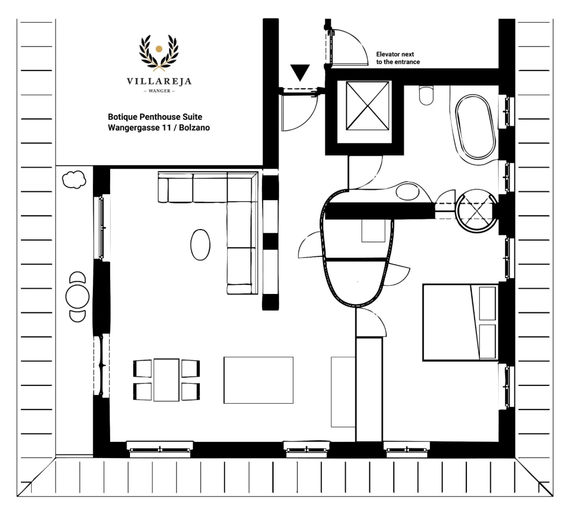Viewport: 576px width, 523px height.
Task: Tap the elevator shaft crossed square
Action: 367,106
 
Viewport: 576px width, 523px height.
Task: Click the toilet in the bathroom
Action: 426,95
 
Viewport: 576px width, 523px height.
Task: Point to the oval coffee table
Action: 200,245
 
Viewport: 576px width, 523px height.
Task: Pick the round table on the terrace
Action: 77,297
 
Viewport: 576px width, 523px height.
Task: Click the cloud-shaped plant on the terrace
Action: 74,179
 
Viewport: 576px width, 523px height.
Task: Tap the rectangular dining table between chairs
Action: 167,380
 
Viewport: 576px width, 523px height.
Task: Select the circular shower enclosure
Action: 476,211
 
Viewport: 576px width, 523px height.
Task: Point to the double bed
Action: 460,322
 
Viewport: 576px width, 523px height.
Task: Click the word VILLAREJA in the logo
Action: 159,81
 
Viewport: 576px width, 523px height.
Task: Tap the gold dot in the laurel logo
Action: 159,49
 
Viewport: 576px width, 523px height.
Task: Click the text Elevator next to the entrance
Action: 398,58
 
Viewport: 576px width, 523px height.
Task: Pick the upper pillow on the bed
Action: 487,303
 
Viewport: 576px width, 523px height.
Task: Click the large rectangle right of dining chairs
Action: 258,380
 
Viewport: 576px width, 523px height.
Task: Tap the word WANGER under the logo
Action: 159,91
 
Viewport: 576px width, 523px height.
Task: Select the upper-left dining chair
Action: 142,368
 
